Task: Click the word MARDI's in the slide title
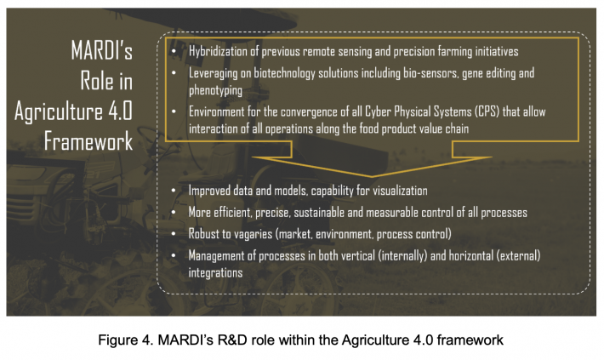pyautogui.click(x=102, y=50)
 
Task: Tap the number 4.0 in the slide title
pyautogui.click(x=120, y=111)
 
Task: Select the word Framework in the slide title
pyautogui.click(x=88, y=140)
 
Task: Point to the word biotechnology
pyautogui.click(x=284, y=73)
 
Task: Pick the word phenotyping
pyautogui.click(x=215, y=90)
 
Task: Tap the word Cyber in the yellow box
pyautogui.click(x=377, y=111)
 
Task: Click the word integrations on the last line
pyautogui.click(x=215, y=273)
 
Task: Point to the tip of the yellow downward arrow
pyautogui.click(x=372, y=177)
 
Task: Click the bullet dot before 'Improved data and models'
pyautogui.click(x=174, y=191)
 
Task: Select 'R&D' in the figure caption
pyautogui.click(x=232, y=340)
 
